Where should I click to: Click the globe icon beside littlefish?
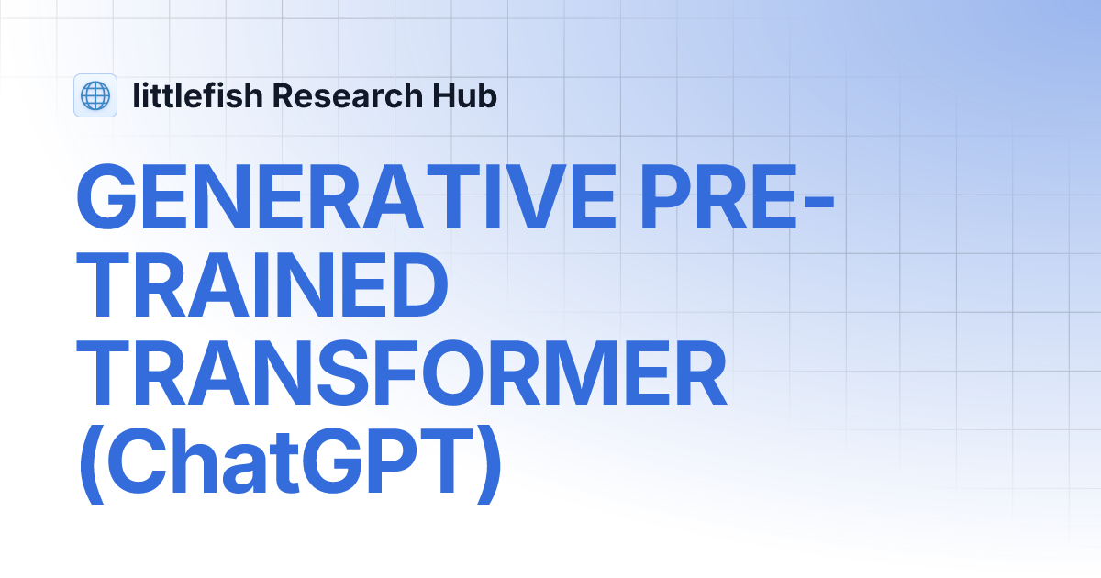coord(95,95)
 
